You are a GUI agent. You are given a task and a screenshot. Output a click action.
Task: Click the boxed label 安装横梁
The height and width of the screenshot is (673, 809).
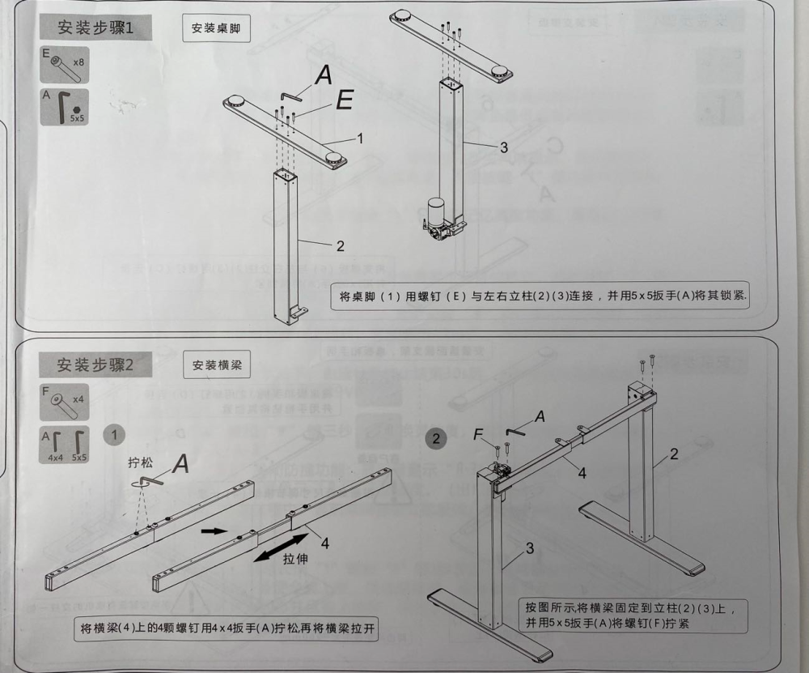pos(216,366)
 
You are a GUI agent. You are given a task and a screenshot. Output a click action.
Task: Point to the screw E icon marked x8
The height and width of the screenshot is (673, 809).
pos(65,64)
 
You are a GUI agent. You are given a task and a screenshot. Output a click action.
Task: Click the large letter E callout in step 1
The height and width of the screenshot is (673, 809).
pos(343,100)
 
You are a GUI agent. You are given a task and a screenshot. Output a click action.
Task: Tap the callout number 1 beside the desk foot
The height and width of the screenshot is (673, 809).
pos(360,138)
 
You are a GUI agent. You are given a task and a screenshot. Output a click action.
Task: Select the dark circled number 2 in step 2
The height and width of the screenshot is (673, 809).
pos(437,439)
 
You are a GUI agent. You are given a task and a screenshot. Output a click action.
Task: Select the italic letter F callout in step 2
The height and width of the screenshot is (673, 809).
pos(479,435)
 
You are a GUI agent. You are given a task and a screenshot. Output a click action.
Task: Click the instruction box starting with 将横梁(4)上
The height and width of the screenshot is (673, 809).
pos(229,628)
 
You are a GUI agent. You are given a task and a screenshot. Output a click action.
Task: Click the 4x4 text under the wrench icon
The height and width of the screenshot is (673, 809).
pos(55,458)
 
